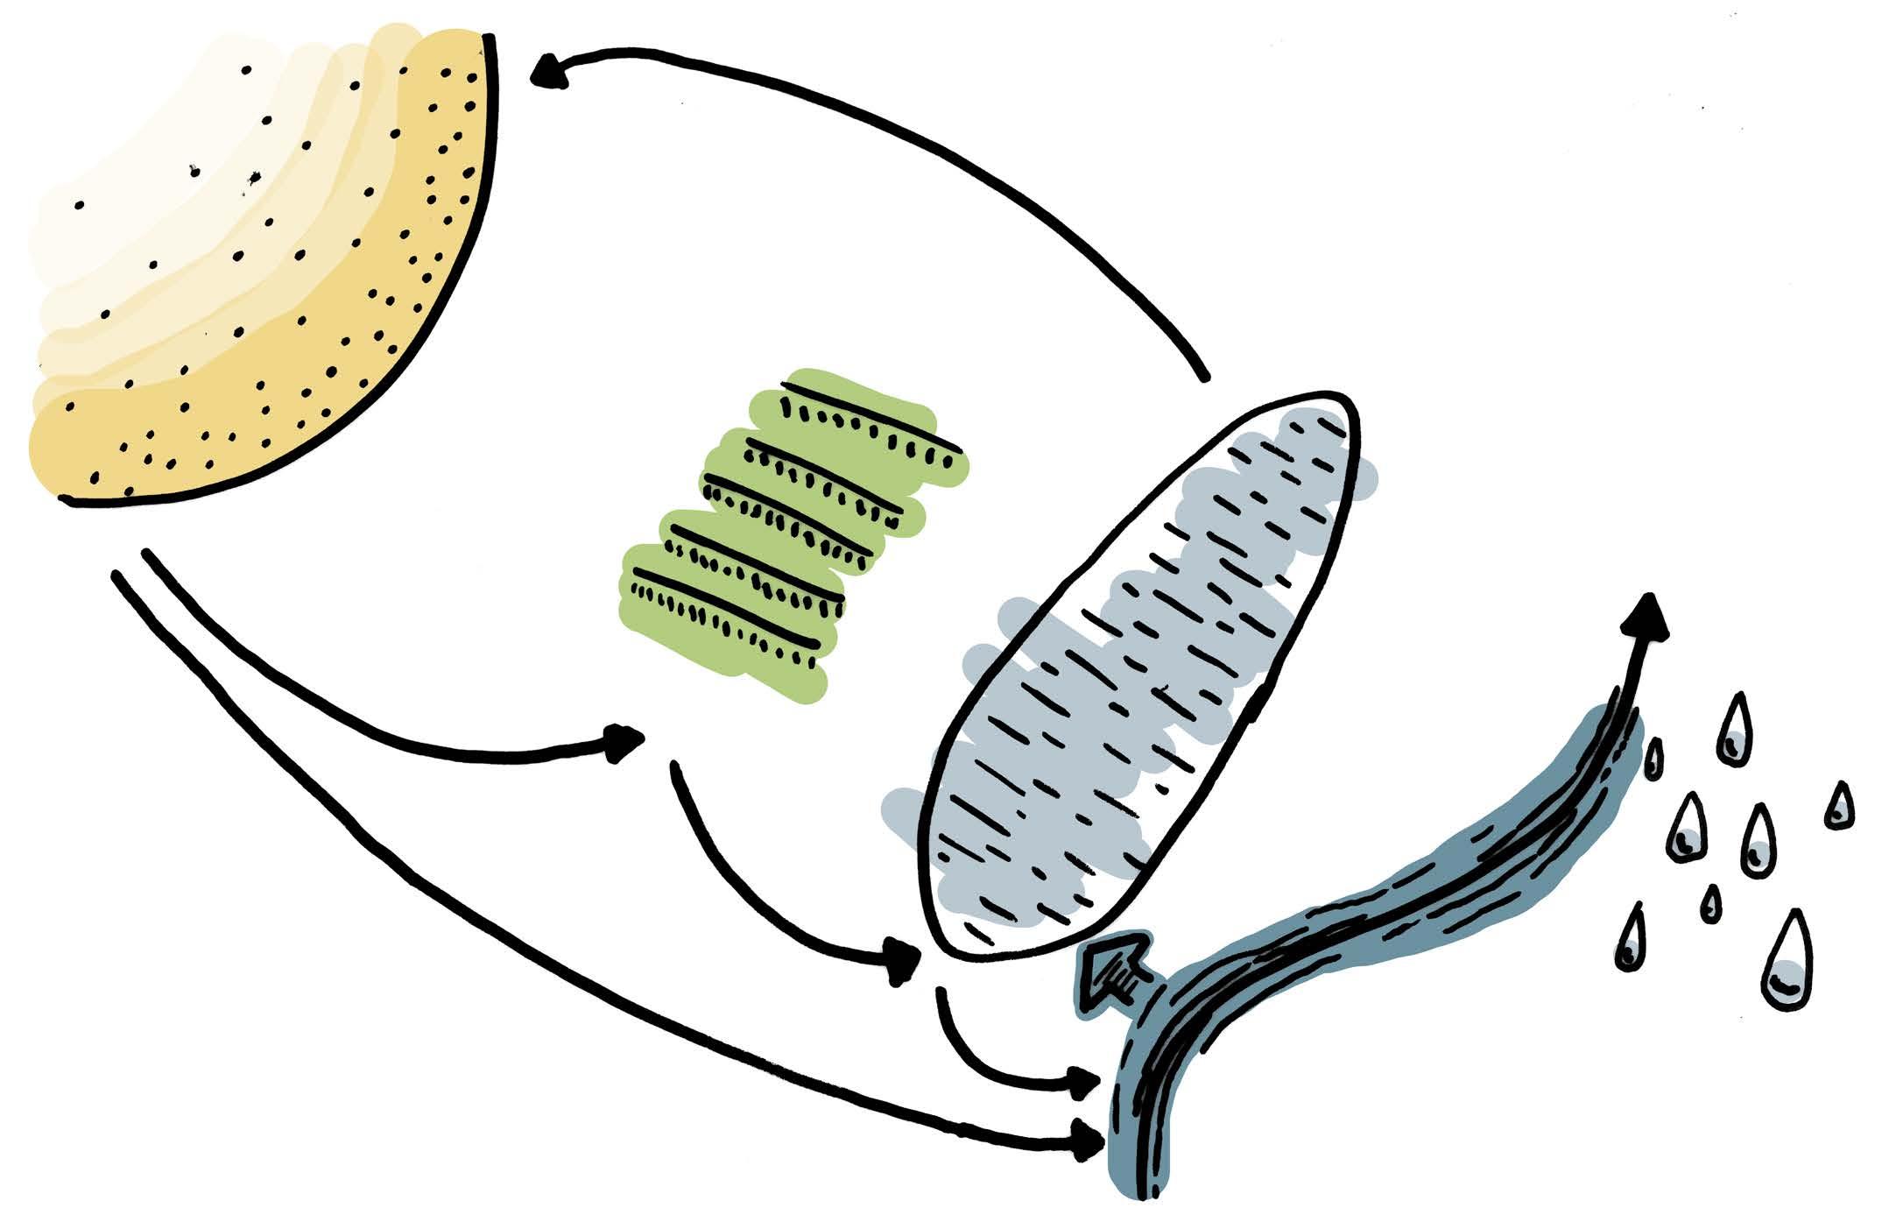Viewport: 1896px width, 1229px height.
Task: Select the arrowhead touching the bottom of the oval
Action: tap(902, 961)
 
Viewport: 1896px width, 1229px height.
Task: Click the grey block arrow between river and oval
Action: tap(1110, 973)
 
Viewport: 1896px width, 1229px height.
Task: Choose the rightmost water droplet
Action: tap(1840, 807)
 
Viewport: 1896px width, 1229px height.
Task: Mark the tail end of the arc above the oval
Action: tap(1205, 377)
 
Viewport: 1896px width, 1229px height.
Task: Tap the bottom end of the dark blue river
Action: tap(1138, 1191)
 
